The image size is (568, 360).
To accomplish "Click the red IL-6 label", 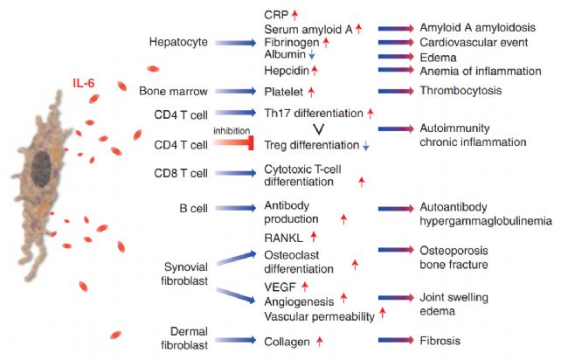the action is point(84,83).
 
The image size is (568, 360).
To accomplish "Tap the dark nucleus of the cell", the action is point(41,170).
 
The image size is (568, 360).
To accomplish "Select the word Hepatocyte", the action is point(178,42).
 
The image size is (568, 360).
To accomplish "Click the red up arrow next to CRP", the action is point(294,15).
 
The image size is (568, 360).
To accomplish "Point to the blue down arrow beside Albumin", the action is point(312,55).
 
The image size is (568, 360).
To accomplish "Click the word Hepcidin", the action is point(287,70).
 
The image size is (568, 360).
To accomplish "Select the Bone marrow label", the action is point(174,91).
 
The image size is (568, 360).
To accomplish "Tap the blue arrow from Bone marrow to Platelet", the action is point(235,91).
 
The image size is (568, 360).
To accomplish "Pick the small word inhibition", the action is point(232,131).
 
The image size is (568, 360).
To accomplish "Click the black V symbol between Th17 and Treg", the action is point(318,129).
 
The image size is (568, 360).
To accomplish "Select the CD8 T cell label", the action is point(181,173).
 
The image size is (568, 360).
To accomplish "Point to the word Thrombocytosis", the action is point(461,91).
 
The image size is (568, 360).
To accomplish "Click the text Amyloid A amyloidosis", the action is point(477,28).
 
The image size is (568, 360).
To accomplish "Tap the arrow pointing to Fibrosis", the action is point(396,340).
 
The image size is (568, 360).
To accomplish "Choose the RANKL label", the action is point(283,238).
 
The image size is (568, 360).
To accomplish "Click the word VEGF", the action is point(280,287).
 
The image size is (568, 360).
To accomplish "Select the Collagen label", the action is point(287,342).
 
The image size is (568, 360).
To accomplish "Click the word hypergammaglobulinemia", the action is point(486,221).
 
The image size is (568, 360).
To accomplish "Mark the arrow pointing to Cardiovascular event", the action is point(396,42).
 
